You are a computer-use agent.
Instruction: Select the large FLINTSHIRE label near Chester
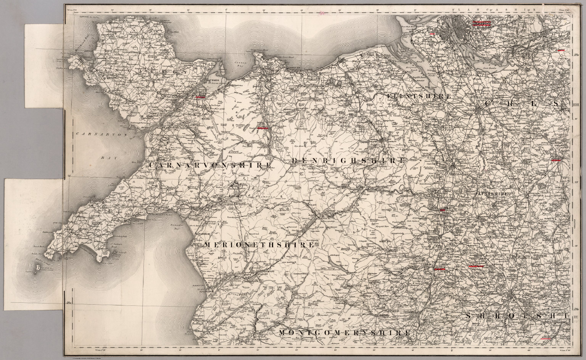tap(419, 96)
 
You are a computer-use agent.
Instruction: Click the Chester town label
tap(469, 110)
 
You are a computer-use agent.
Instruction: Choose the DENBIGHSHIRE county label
tap(348, 161)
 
